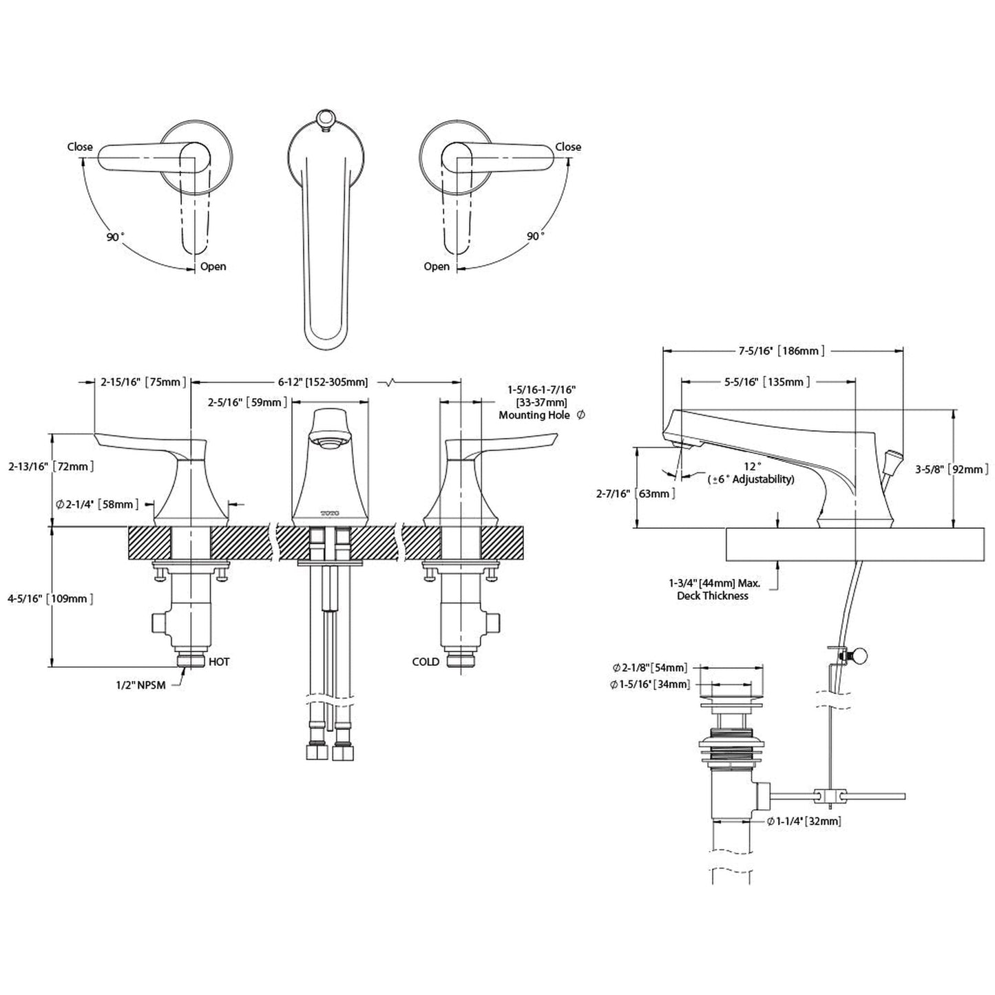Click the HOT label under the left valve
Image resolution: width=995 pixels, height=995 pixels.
tap(218, 662)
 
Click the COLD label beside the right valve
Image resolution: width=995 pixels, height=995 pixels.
tap(426, 662)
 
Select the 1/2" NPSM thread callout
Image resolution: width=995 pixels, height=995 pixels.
tap(141, 686)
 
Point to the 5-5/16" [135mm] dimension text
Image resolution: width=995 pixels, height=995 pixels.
tap(769, 382)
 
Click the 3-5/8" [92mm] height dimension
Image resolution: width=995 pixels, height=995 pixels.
tap(952, 470)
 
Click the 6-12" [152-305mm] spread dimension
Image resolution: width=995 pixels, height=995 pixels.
tap(322, 382)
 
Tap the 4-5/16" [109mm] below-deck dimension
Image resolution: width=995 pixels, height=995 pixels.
tap(50, 598)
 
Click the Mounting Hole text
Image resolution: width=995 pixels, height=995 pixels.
tap(534, 415)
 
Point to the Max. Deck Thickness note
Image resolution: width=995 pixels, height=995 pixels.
tap(713, 589)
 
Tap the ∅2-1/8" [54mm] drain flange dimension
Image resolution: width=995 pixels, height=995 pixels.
tap(650, 668)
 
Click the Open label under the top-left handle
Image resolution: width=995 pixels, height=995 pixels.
tap(213, 266)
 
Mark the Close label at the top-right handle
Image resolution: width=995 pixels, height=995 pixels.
tap(568, 147)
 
